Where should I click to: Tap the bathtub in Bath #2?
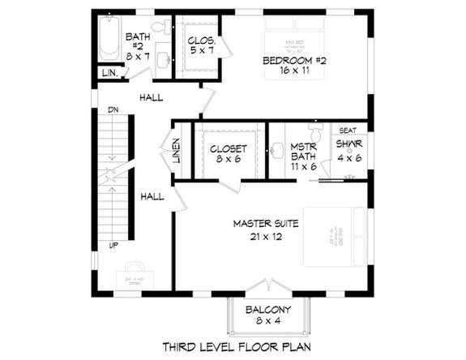(109, 41)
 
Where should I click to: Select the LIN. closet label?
(109, 74)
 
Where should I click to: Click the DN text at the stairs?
(113, 110)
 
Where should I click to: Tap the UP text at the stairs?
(113, 244)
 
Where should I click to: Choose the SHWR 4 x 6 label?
(349, 152)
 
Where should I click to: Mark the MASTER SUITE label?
(267, 229)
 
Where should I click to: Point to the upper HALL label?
(151, 97)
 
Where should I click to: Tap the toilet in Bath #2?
(159, 27)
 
